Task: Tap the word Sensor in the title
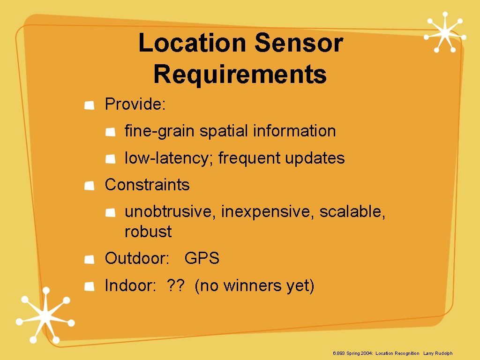click(299, 43)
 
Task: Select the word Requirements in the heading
click(240, 74)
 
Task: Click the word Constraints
click(147, 185)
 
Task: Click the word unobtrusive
click(170, 212)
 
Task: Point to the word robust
click(148, 232)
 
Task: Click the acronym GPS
click(202, 258)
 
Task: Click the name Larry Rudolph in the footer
click(438, 353)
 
